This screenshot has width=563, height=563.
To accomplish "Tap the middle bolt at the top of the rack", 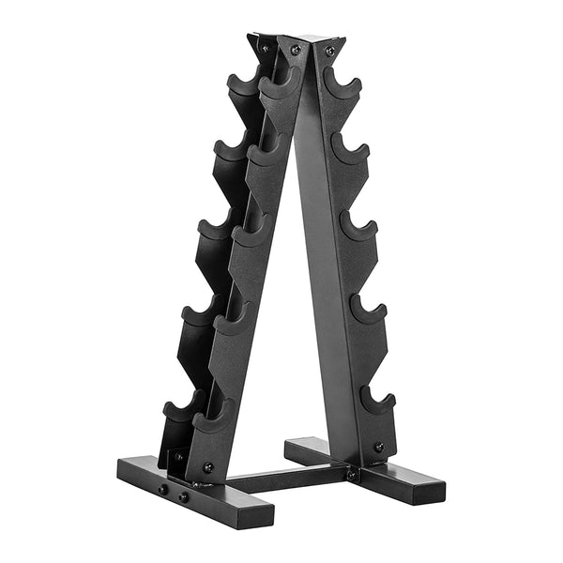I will click(296, 50).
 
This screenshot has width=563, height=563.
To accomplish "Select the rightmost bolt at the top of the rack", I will click(329, 51).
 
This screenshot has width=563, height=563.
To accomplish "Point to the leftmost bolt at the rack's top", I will click(266, 46).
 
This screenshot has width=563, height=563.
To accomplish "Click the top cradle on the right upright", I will click(342, 86).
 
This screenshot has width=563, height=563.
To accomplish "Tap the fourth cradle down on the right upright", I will click(368, 310).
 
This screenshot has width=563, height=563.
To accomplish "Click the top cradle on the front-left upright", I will click(274, 89).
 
